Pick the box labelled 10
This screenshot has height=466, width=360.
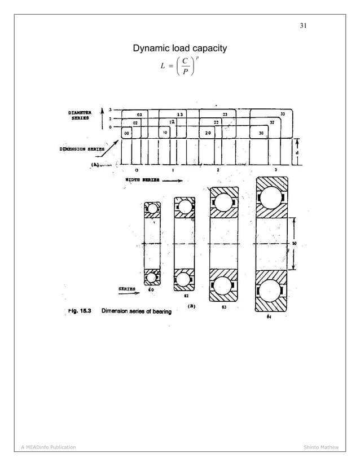pos(166,133)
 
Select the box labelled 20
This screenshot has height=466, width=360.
pos(208,133)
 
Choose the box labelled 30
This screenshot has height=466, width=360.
pos(261,133)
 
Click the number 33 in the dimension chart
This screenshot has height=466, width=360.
pos(282,113)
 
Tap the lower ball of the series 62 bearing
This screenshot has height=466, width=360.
pos(184,279)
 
